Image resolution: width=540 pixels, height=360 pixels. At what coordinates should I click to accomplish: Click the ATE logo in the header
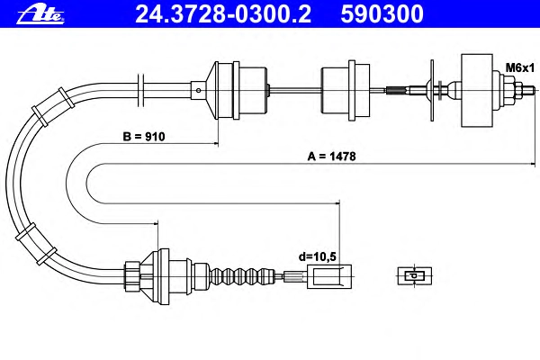[40, 14]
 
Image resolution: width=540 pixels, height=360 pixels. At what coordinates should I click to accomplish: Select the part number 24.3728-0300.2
[223, 14]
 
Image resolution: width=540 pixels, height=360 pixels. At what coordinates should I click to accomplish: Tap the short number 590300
[382, 14]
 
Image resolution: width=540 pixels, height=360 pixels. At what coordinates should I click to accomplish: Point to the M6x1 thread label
[520, 67]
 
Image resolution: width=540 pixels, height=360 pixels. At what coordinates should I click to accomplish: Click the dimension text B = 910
[144, 137]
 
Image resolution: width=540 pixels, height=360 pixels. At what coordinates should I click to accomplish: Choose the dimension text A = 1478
[331, 157]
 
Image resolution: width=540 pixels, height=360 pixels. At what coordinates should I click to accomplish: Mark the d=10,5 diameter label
[317, 256]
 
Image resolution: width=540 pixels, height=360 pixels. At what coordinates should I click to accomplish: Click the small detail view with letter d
[415, 275]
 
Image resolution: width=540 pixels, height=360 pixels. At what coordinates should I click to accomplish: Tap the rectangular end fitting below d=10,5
[329, 276]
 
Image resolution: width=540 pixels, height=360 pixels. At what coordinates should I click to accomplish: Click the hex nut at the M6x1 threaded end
[509, 91]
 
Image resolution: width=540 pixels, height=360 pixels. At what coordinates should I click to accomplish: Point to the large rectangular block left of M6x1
[477, 91]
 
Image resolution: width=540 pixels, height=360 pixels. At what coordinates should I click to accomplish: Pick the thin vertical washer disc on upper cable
[432, 91]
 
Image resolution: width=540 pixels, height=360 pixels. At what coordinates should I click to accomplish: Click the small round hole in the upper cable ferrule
[199, 91]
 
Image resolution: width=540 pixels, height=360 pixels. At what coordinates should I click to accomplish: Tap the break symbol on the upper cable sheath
[140, 91]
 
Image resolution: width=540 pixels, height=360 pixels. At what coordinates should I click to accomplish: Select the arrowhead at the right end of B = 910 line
[216, 143]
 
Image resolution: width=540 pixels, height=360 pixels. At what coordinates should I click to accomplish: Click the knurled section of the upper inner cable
[397, 91]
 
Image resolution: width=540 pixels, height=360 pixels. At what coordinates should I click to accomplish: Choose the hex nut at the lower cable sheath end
[132, 276]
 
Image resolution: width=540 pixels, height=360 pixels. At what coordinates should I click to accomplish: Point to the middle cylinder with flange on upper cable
[346, 91]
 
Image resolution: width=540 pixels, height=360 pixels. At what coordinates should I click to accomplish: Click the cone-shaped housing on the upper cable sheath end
[211, 91]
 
